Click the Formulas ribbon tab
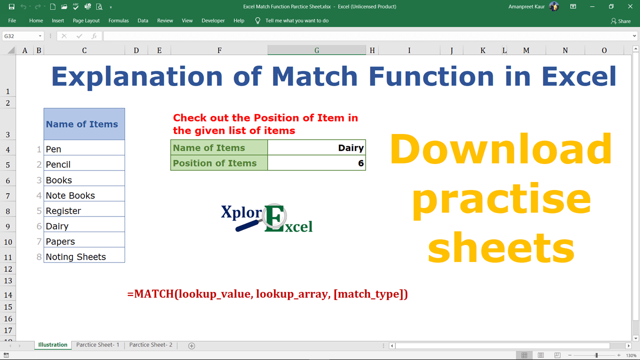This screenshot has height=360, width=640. point(118,20)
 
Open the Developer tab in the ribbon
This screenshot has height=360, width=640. point(213,20)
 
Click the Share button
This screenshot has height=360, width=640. point(620,21)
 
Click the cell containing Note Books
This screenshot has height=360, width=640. point(84,195)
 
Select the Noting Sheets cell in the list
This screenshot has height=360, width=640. point(84,257)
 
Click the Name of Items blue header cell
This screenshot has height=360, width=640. point(84,124)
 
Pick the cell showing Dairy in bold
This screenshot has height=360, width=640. point(316,148)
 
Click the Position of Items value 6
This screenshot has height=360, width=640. point(316,163)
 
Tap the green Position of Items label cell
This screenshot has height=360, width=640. point(219,163)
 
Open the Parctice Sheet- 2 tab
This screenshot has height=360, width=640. point(150,345)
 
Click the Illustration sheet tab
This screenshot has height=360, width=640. point(52,345)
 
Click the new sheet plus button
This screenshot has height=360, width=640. point(191,345)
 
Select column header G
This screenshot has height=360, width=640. point(316,50)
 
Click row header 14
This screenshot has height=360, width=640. point(8,295)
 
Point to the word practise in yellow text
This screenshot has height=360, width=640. point(501,199)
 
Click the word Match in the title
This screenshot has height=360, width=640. point(315,76)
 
